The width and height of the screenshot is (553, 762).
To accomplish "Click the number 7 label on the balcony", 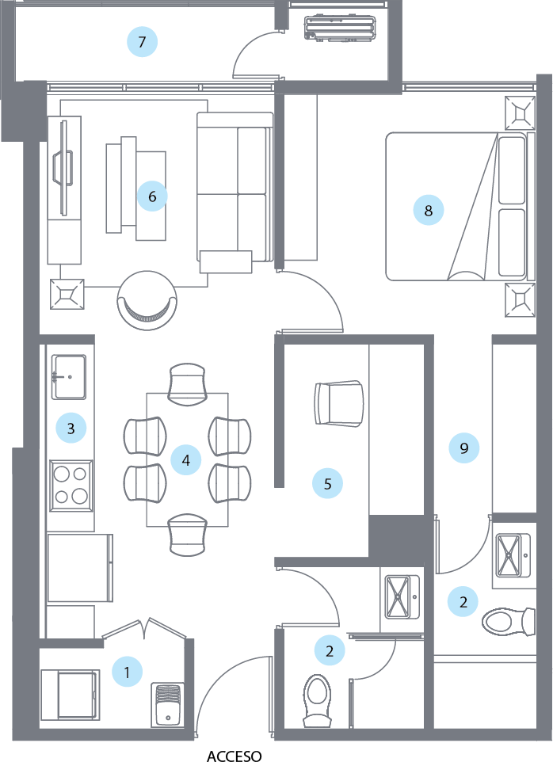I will click(142, 42).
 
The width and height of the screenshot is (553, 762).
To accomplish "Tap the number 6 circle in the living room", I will click(152, 196).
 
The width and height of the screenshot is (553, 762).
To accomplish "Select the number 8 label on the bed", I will click(429, 210).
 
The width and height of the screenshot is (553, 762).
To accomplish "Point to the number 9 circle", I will click(464, 448).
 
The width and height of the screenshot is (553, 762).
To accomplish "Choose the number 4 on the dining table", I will click(186, 459).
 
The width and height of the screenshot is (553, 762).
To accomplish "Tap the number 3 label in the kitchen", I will click(71, 429).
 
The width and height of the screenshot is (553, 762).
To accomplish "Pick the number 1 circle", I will click(127, 673).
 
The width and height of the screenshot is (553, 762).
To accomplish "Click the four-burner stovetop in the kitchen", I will click(71, 485).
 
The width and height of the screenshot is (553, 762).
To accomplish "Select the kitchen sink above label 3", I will click(70, 376).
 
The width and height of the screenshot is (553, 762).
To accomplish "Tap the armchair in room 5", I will click(339, 402).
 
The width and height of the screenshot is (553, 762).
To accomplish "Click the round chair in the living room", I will click(147, 299).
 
